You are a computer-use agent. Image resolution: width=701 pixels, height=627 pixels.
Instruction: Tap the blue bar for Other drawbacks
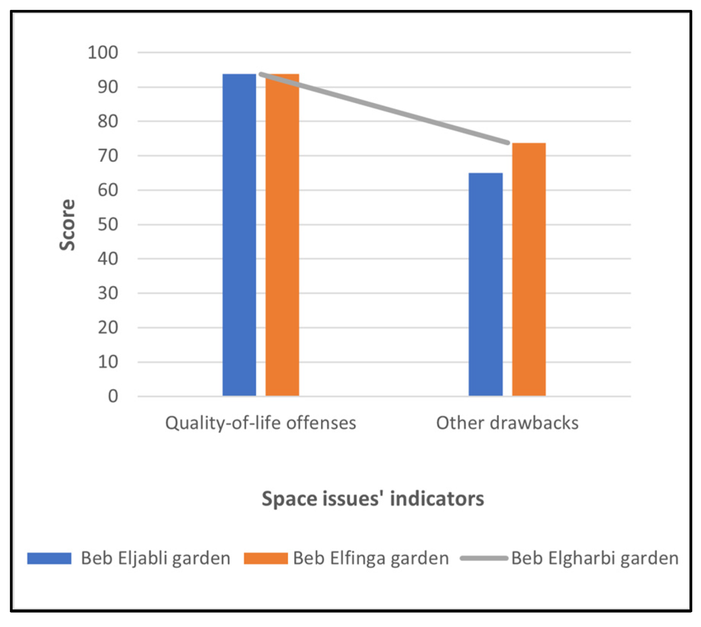pos(485,284)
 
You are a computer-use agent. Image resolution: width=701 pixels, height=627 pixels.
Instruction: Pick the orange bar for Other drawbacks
pos(529,269)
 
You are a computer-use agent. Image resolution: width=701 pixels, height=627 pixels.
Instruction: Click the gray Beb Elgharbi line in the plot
pos(384,108)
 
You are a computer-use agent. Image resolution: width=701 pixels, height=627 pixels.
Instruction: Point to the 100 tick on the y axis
pos(103,52)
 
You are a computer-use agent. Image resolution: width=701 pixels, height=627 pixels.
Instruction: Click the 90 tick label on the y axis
pos(108,87)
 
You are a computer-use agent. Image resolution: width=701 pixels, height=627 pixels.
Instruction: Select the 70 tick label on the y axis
pos(108,156)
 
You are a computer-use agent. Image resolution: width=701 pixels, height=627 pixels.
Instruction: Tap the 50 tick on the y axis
pos(108,225)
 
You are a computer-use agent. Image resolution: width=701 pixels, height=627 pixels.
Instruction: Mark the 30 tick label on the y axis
pos(108,293)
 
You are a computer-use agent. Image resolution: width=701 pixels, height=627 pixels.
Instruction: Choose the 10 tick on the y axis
pos(108,362)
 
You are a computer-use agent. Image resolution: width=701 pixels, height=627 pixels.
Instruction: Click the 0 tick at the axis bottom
pos(113,396)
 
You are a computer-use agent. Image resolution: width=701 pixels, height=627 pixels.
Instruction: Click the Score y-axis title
pos(67,225)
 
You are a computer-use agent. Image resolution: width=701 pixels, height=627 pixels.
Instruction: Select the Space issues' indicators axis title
pos(373,499)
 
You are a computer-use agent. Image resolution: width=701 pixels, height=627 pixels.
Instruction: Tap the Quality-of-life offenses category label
pos(260,423)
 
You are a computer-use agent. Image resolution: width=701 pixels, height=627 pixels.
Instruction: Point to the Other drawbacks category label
pos(507,423)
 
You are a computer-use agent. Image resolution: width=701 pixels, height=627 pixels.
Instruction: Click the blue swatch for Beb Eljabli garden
pos(49,558)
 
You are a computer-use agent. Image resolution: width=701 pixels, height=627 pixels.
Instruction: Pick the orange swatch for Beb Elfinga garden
pos(266,558)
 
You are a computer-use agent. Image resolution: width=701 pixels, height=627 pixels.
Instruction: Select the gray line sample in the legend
pos(484,558)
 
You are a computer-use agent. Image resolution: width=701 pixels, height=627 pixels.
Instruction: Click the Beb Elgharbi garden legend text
pos(595,558)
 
